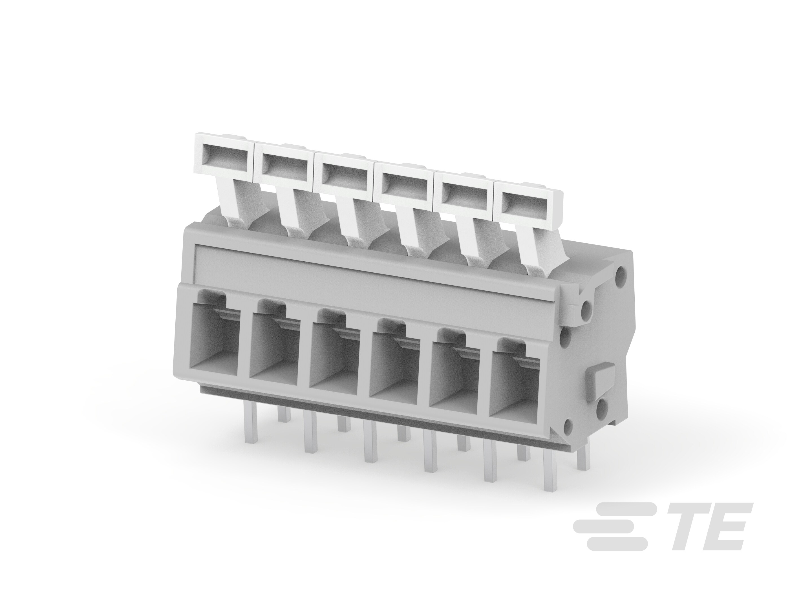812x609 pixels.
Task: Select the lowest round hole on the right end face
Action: [567, 426]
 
